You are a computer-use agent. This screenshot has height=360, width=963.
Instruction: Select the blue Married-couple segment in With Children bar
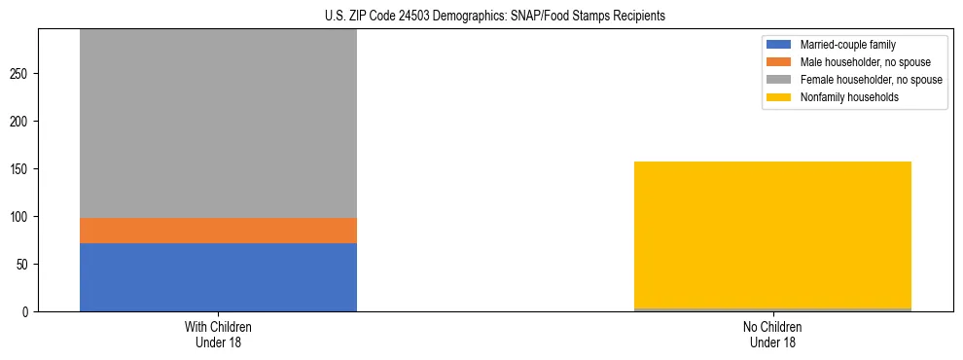pyautogui.click(x=218, y=277)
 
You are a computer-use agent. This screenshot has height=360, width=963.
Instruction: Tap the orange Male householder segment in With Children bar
pyautogui.click(x=218, y=231)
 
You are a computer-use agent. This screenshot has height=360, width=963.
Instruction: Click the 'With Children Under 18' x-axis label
pyautogui.click(x=218, y=334)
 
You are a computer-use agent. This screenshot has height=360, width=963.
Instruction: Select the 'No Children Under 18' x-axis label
pyautogui.click(x=772, y=334)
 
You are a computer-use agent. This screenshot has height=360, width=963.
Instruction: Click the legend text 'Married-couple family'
pyautogui.click(x=847, y=45)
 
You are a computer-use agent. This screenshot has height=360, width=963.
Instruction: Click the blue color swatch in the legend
pyautogui.click(x=779, y=45)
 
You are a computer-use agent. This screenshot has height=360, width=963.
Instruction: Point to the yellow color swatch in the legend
pyautogui.click(x=779, y=97)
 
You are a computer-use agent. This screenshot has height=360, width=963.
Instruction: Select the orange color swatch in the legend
pyautogui.click(x=779, y=62)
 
